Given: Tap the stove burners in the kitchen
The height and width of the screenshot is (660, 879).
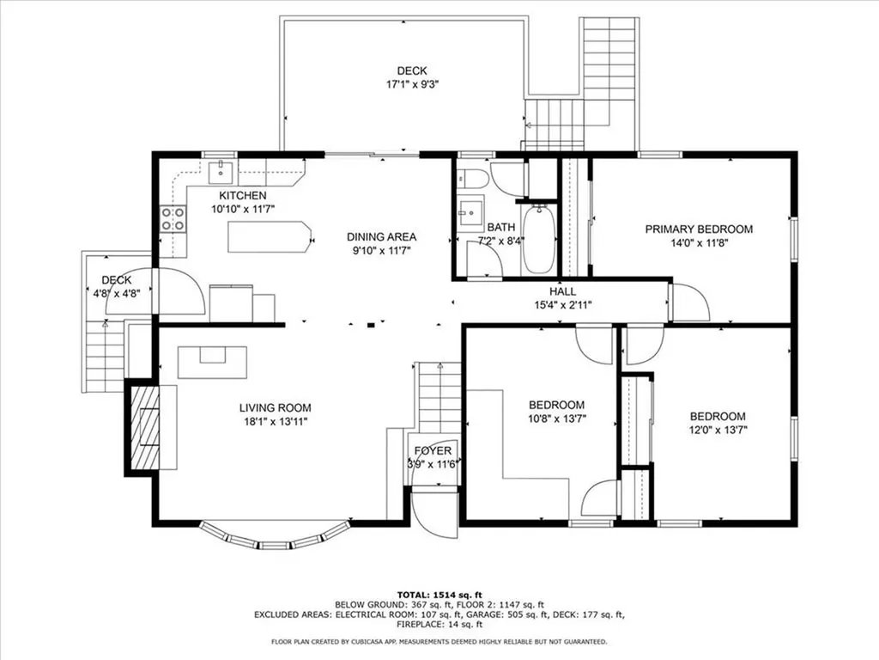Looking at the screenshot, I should (173, 219).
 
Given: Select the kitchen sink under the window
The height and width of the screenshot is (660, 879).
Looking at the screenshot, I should (221, 170).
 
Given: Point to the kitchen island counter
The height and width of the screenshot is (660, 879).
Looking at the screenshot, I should (267, 237).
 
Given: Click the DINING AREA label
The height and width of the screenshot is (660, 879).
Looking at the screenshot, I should (381, 237).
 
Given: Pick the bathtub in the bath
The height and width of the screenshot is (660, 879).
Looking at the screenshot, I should (539, 238).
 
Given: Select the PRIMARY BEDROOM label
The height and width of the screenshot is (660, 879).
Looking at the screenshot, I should (699, 229).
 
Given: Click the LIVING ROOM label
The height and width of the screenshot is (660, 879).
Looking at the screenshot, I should (275, 408).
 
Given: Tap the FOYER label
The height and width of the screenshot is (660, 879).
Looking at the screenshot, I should (433, 451).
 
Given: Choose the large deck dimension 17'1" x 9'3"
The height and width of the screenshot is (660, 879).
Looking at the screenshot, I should (411, 84).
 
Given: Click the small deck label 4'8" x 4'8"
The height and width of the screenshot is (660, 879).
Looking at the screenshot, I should (116, 292).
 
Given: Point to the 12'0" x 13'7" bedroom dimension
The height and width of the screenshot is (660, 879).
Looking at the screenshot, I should (718, 430).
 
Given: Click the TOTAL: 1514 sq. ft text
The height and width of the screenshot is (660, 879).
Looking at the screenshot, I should (439, 595).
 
